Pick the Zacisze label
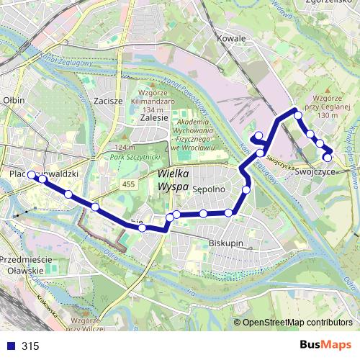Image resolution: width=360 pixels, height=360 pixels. [x=107, y=101]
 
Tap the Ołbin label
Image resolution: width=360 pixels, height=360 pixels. [x=14, y=101]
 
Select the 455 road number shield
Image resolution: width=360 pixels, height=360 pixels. [x=128, y=185]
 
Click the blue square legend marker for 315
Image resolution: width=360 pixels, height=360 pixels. [x=9, y=346]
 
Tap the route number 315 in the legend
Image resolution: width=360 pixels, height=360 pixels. [x=30, y=346]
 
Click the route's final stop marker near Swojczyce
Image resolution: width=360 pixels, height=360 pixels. [x=328, y=158]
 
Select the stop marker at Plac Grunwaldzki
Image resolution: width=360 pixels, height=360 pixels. [x=32, y=175]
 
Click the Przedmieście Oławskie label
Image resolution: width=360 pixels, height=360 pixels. [x=30, y=264]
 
